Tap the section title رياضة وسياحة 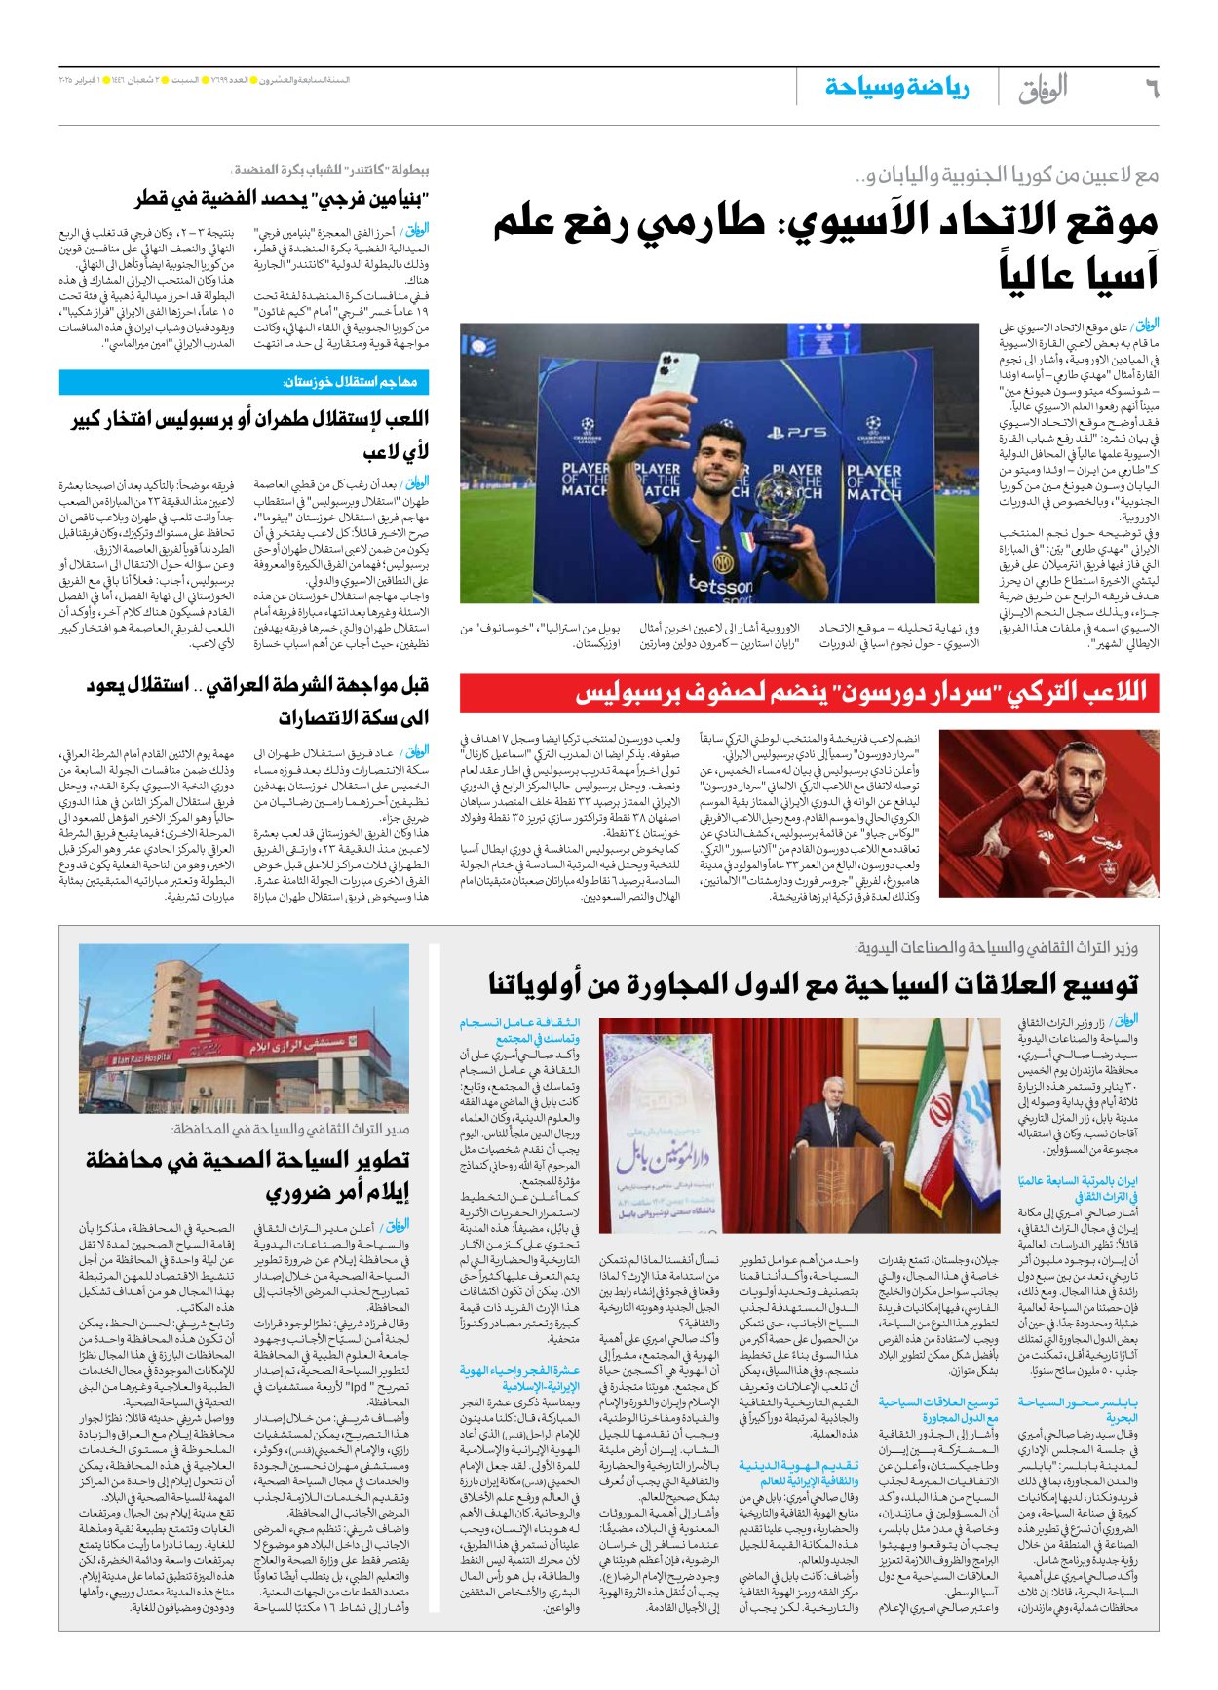pyautogui.click(x=896, y=88)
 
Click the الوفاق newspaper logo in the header pyautogui.click(x=1043, y=89)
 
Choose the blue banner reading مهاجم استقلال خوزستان pyautogui.click(x=245, y=382)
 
